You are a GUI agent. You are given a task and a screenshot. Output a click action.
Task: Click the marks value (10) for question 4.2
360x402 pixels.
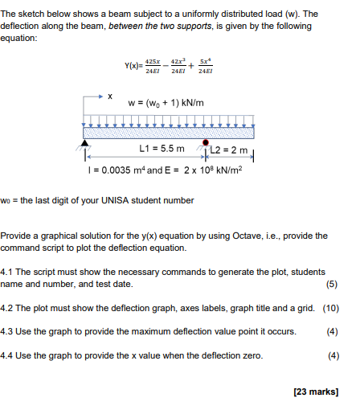[x=330, y=308]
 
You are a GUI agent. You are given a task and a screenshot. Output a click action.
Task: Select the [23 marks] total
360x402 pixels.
[x=316, y=392]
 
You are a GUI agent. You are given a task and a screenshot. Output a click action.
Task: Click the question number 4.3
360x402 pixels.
[x=10, y=331]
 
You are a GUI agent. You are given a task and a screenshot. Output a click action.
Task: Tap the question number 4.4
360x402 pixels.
[x=10, y=355]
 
